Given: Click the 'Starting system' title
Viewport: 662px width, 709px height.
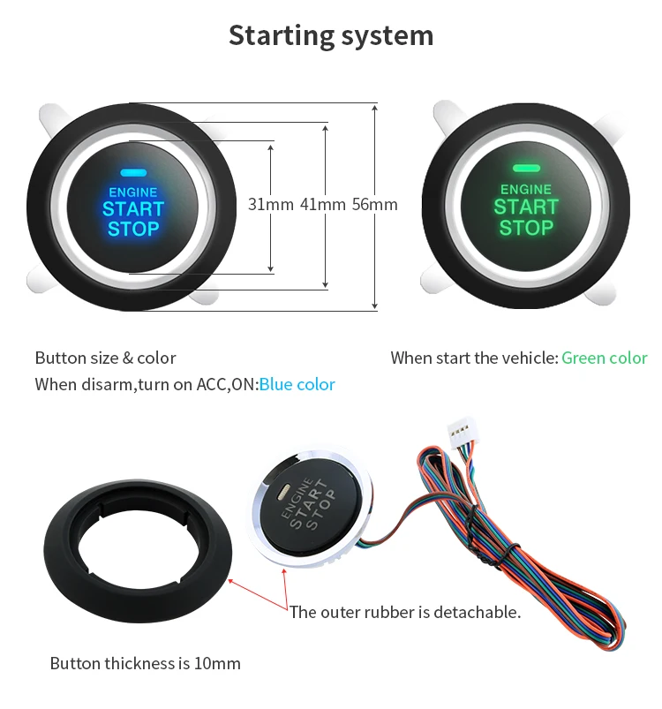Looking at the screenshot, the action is pos(331,35).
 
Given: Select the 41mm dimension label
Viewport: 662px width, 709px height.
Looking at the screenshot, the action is pos(323,204).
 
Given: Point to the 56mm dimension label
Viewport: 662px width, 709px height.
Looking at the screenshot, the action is pos(374,204).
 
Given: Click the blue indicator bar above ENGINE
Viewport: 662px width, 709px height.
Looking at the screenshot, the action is pos(133,173).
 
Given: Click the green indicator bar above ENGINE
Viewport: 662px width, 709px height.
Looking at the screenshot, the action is pos(526,169).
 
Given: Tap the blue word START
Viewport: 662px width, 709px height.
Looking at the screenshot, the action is pos(133,209).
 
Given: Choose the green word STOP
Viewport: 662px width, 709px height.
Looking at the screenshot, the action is pos(526,228).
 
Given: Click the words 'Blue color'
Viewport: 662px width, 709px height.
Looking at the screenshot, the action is pos(297,384).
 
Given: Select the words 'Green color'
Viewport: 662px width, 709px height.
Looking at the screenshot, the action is pos(604,358).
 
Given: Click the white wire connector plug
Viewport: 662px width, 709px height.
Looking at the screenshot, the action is pos(462,433).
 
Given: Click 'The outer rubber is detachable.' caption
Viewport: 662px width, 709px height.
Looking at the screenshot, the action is pos(405,612).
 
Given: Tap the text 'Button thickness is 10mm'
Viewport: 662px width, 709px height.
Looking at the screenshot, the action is pos(145,663).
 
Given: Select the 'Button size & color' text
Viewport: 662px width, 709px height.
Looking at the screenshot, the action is pos(105,358).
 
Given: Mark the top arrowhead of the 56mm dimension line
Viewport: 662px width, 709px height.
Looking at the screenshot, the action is pos(374,107).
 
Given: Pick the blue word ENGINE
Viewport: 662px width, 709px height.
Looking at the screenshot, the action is pos(133,192).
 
